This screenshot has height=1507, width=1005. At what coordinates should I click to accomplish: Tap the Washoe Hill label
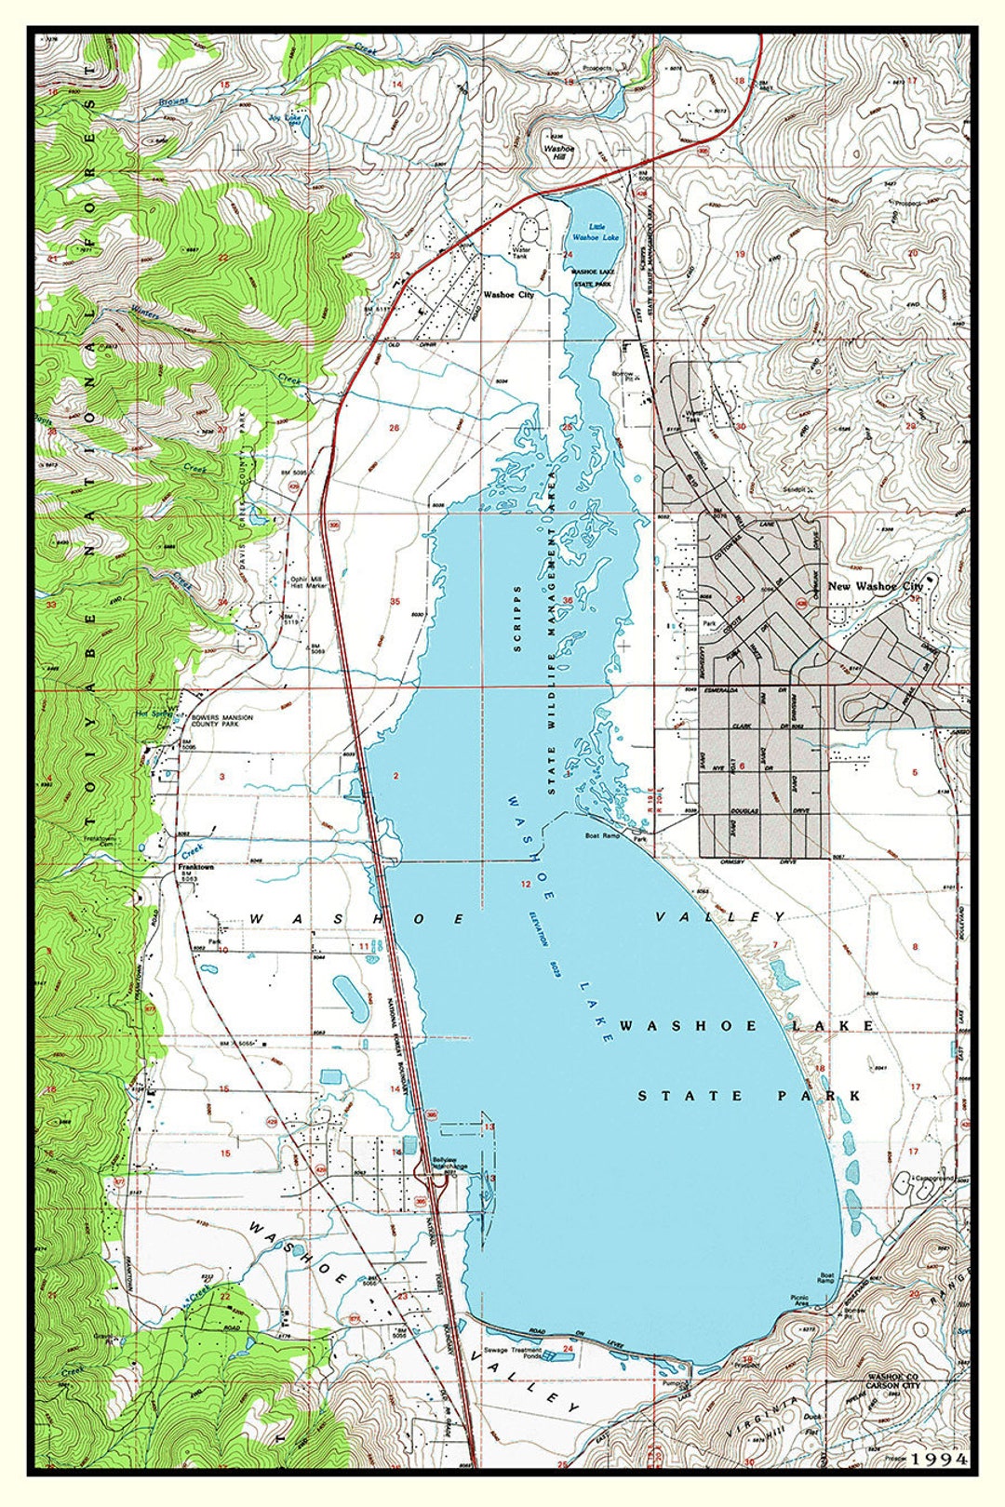[559, 153]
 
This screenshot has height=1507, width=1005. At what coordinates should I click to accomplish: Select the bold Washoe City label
[508, 295]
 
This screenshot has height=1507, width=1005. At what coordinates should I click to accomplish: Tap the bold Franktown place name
[196, 867]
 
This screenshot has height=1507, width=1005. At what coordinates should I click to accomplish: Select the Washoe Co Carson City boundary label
[891, 1379]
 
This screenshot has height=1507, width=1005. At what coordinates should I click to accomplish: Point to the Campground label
[933, 1178]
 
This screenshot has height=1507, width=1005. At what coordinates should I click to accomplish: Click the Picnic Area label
[798, 1300]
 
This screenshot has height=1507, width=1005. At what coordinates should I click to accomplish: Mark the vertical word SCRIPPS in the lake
[517, 619]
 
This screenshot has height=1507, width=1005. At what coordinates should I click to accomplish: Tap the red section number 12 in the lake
[526, 884]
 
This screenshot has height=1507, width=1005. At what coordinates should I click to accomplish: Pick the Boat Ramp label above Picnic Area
[825, 1279]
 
